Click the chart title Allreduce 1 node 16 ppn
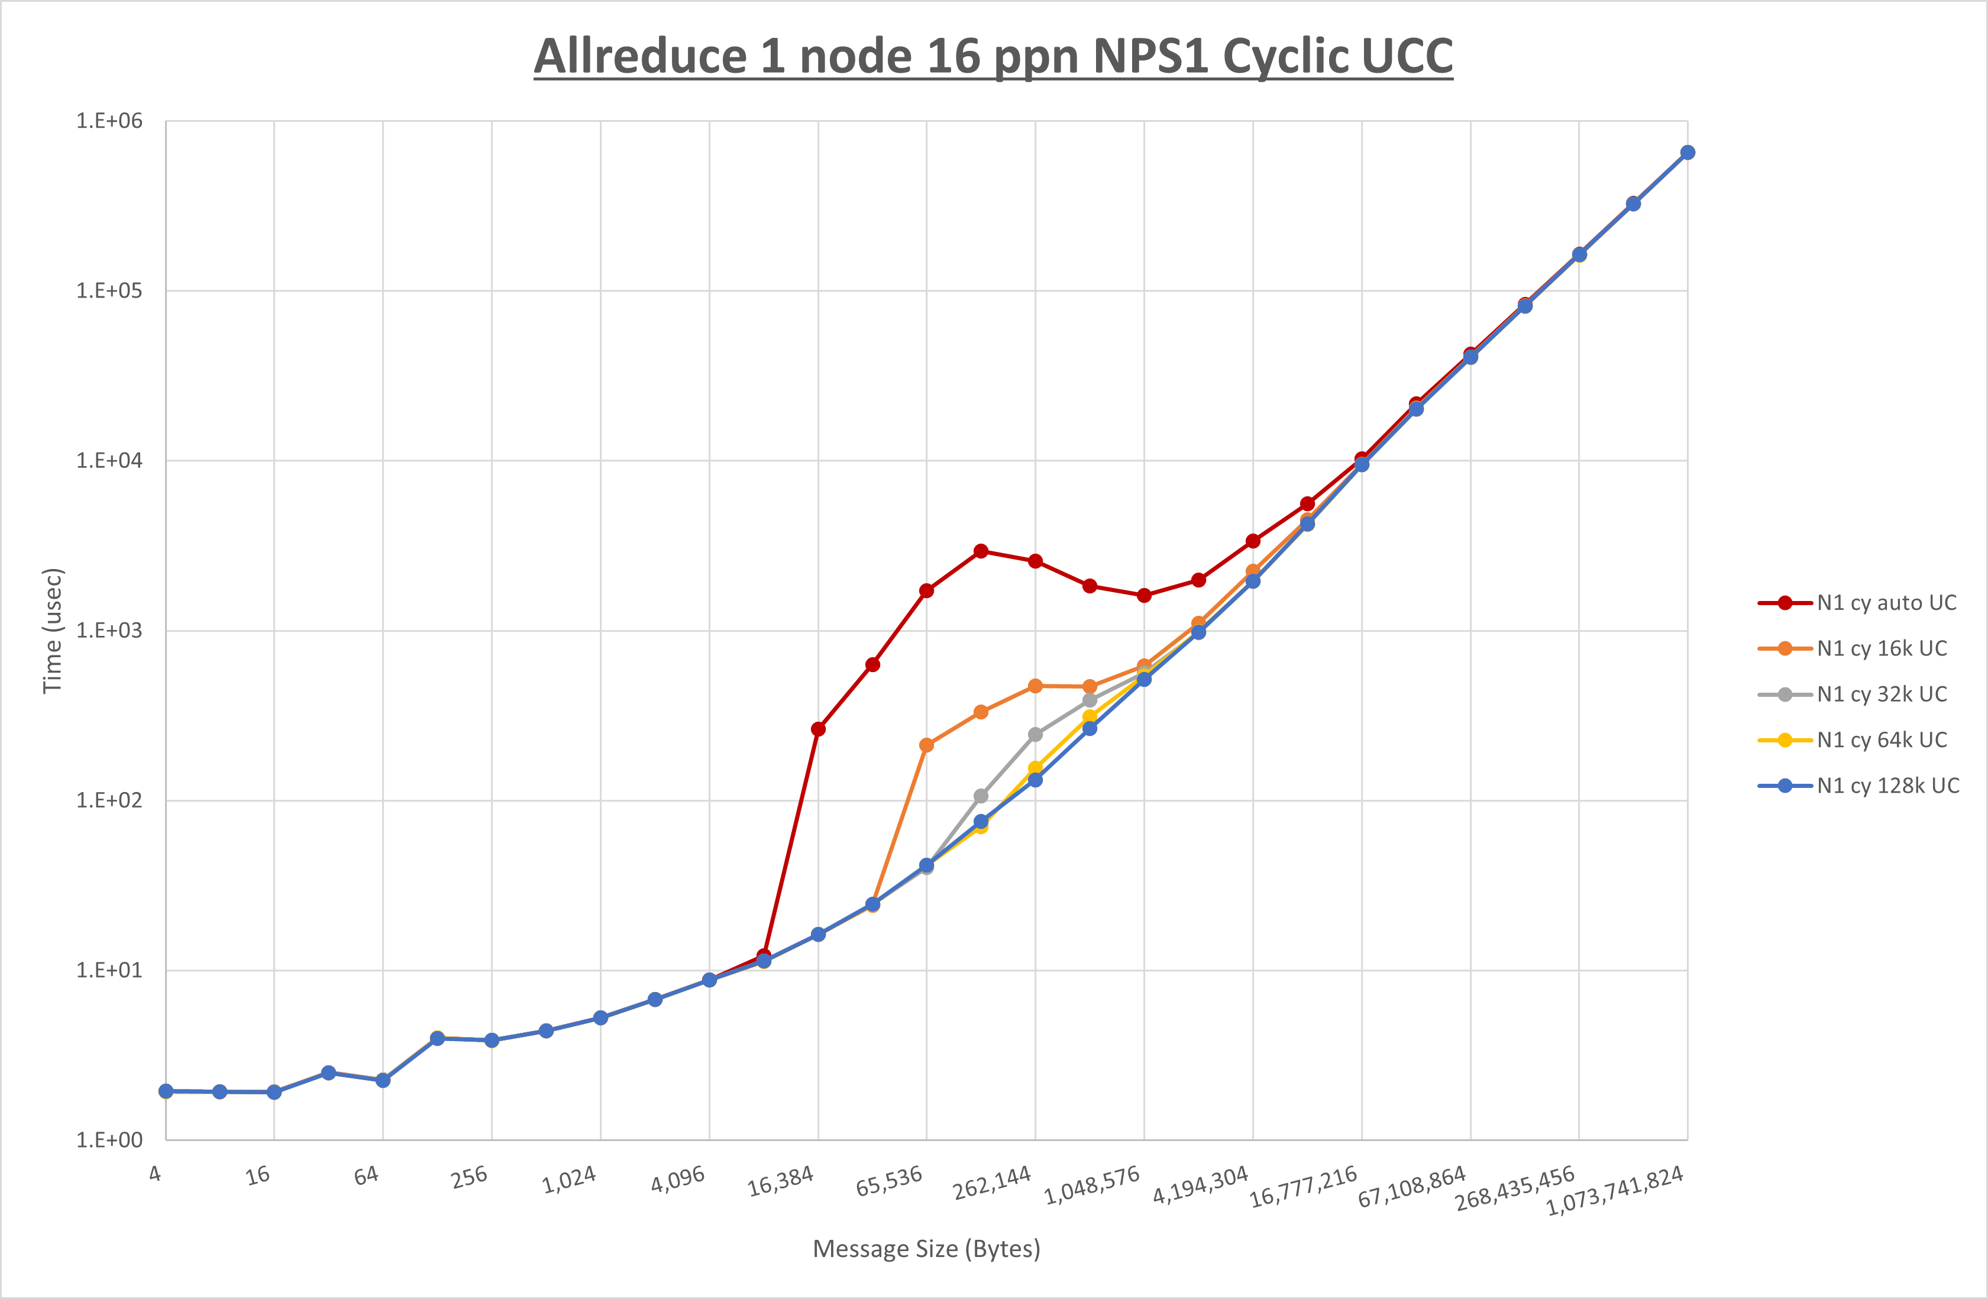click(993, 57)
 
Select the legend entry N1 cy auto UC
click(1886, 603)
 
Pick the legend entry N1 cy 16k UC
click(1881, 649)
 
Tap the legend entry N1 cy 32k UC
click(1881, 694)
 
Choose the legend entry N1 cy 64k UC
click(1881, 740)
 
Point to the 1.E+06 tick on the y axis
click(109, 121)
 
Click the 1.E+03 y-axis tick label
click(109, 631)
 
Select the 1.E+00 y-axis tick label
click(109, 1140)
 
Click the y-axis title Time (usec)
click(53, 631)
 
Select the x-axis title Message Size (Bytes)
click(926, 1249)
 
